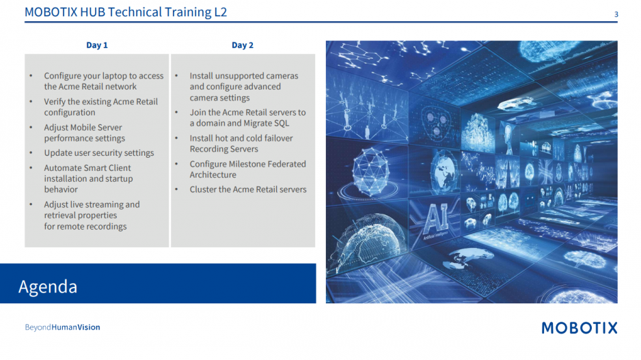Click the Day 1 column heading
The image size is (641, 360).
pos(97,45)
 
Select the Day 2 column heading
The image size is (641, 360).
pos(243,45)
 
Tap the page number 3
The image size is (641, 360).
pos(616,15)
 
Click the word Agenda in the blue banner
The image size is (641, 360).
pos(48,287)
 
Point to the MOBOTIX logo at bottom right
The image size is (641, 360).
pos(579,328)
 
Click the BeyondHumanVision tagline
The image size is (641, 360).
pos(63,327)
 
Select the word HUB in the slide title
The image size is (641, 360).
pos(92,12)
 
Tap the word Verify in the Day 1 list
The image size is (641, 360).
pos(55,102)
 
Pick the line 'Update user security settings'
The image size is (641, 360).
pos(99,153)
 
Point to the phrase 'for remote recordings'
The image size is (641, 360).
pos(85,226)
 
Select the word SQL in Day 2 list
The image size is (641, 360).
pos(282,124)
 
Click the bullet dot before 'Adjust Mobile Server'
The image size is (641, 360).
pos(31,128)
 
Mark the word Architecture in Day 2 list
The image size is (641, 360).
pos(213,175)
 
